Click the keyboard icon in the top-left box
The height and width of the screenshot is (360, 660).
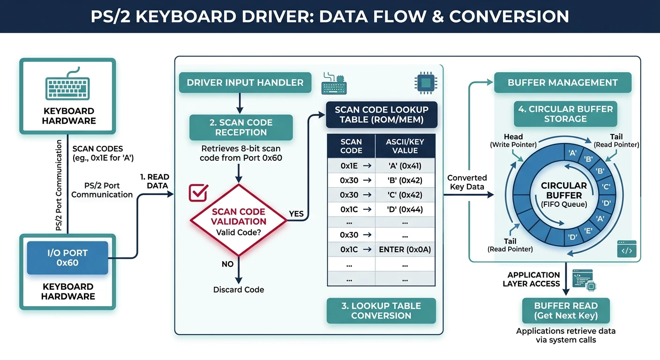pyautogui.click(x=67, y=86)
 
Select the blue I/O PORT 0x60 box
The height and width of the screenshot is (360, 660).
pyautogui.click(x=67, y=258)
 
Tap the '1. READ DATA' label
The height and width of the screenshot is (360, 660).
pyautogui.click(x=154, y=181)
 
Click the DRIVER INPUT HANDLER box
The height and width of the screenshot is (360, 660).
pyautogui.click(x=245, y=83)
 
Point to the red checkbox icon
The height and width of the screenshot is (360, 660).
pyautogui.click(x=198, y=193)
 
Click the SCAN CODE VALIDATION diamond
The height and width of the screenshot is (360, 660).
pyautogui.click(x=238, y=220)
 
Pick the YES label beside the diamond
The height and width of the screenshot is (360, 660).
pyautogui.click(x=296, y=214)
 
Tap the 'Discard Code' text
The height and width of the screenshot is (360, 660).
pyautogui.click(x=238, y=290)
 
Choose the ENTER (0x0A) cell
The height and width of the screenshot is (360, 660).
pyautogui.click(x=405, y=250)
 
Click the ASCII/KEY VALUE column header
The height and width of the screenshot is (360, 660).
pyautogui.click(x=405, y=146)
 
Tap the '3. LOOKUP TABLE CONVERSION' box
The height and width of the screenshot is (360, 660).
pyautogui.click(x=381, y=311)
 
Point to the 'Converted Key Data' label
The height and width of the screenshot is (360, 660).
pyautogui.click(x=467, y=182)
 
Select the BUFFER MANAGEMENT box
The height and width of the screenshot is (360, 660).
pyautogui.click(x=562, y=82)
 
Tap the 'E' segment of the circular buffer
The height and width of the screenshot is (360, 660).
pyautogui.click(x=588, y=230)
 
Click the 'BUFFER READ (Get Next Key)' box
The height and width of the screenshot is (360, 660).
pyautogui.click(x=566, y=310)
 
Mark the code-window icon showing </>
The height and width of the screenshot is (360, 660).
pyautogui.click(x=627, y=249)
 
